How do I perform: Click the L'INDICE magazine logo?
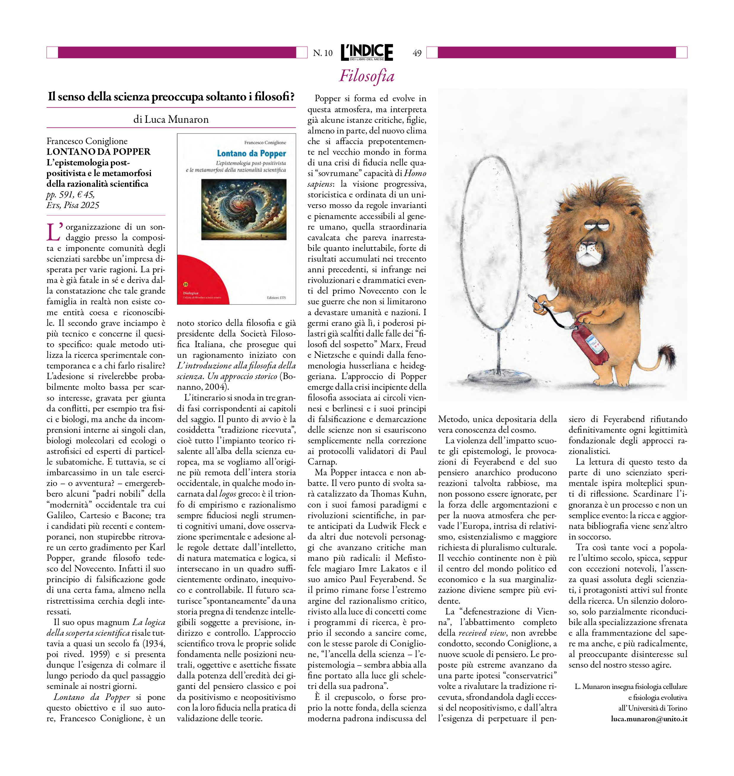367,52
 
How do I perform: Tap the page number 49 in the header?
417,53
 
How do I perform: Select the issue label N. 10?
323,53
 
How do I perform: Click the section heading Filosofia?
367,76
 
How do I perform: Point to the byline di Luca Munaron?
171,119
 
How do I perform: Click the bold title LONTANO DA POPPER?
99,152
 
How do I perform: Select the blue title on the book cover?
252,153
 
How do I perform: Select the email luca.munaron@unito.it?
649,719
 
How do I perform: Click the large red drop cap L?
54,232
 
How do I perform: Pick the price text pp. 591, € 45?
70,194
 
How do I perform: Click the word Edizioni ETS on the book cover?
276,298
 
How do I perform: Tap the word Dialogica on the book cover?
191,293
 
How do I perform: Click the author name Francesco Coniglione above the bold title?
87,141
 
